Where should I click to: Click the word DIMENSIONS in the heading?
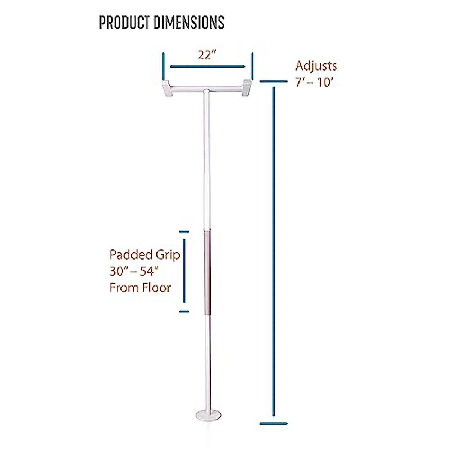[189, 22]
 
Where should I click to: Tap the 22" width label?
[207, 55]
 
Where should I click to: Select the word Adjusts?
[316, 66]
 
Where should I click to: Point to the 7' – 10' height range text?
[314, 82]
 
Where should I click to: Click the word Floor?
[156, 288]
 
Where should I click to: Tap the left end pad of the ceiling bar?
[167, 88]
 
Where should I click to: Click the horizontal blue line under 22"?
[207, 67]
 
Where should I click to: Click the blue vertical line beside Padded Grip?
[184, 271]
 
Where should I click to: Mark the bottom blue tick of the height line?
[274, 424]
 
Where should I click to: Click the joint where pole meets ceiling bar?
[207, 91]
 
